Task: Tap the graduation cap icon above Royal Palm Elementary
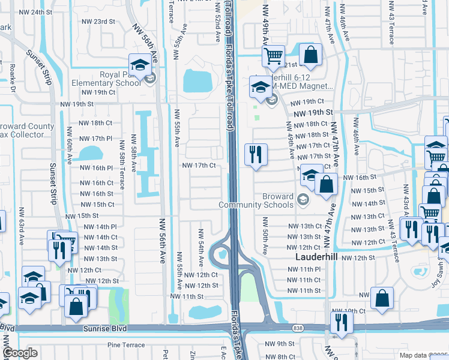139,64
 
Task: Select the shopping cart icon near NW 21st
273,56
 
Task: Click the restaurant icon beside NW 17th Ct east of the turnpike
256,154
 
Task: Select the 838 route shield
298,328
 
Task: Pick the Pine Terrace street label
126,345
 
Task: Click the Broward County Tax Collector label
27,130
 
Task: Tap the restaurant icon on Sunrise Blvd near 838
341,320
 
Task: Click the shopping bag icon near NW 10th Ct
382,298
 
